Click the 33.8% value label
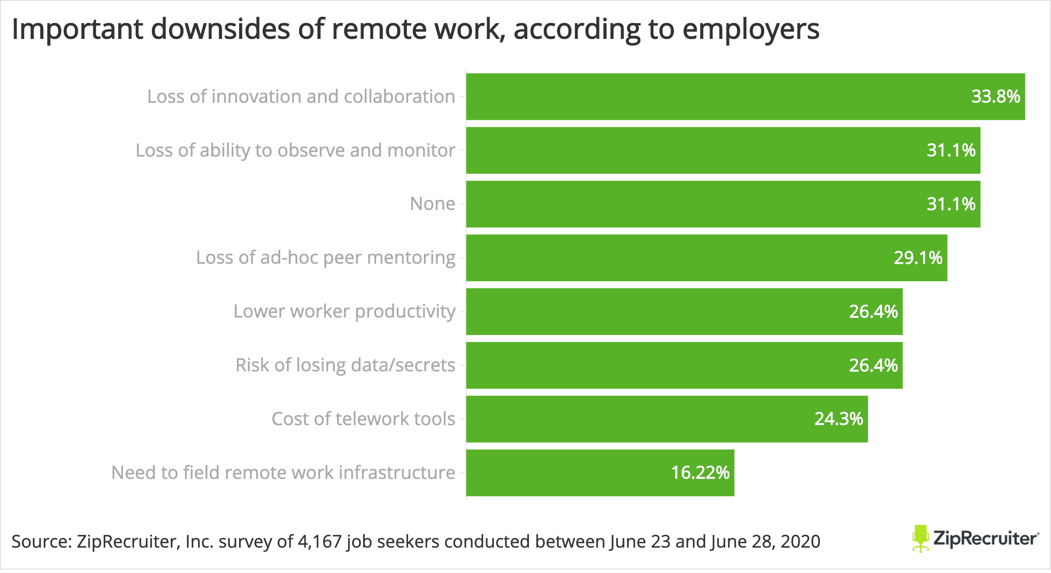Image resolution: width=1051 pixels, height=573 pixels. click(x=995, y=97)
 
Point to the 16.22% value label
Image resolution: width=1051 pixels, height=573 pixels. click(x=700, y=473)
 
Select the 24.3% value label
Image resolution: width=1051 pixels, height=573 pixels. click(x=838, y=419)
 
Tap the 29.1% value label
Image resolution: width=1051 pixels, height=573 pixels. click(x=918, y=258)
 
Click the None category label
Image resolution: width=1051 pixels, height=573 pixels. click(x=432, y=204)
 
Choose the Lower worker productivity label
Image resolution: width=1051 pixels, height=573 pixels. click(x=344, y=311)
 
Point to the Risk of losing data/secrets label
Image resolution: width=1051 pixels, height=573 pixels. click(x=345, y=365)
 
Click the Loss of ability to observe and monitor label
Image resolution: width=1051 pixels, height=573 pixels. click(x=295, y=150)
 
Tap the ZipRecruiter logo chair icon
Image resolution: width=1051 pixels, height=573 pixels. click(x=921, y=538)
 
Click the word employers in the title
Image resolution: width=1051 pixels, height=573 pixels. click(x=751, y=30)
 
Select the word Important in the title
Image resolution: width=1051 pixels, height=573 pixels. click(x=77, y=30)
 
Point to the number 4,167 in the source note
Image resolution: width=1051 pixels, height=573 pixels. click(x=319, y=542)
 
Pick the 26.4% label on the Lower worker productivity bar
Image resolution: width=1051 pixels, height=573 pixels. click(x=873, y=311)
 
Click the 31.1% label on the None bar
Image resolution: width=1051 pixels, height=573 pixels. click(x=951, y=204)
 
